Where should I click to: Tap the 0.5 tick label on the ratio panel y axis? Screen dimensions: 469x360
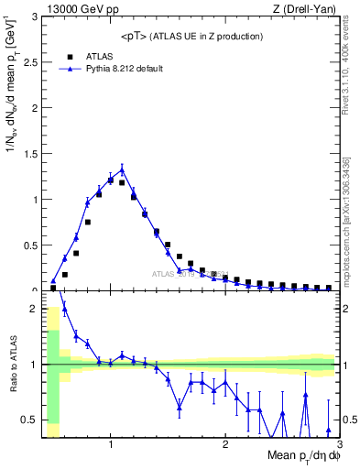pos(29,420)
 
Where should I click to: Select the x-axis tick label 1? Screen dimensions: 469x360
pos(111,446)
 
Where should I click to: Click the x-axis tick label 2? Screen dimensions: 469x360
pos(225,446)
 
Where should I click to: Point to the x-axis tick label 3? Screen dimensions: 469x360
pos(338,446)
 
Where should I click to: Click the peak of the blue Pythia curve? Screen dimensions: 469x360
pos(122,169)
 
